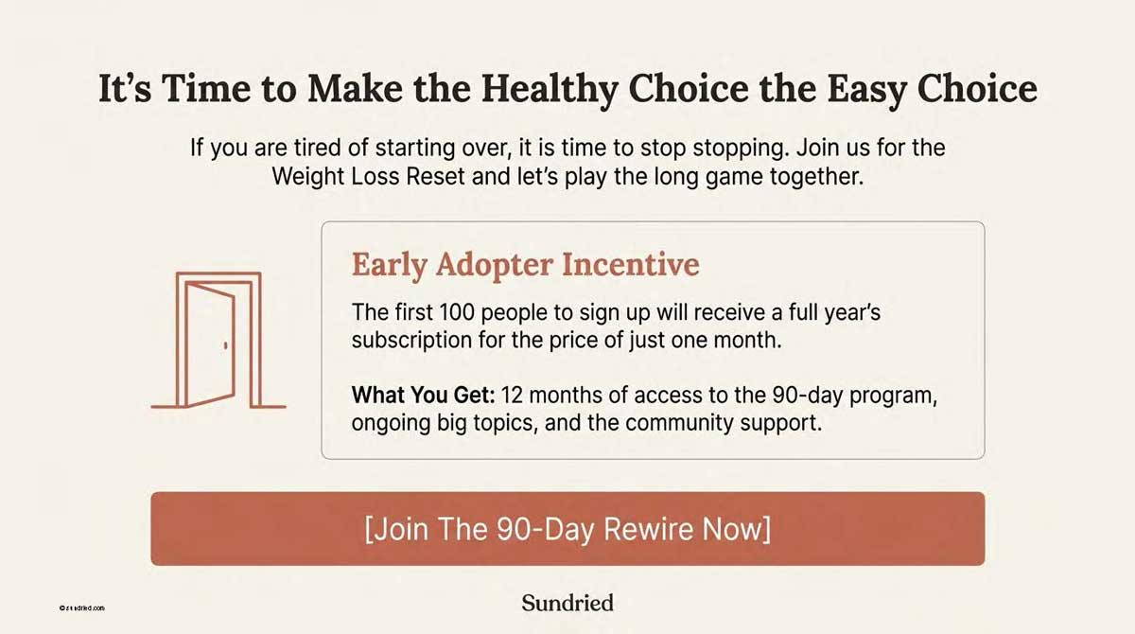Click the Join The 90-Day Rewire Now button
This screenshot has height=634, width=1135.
[567, 529]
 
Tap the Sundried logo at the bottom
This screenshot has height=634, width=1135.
[567, 603]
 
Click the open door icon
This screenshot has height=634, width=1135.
[218, 341]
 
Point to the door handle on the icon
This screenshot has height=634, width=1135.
[226, 346]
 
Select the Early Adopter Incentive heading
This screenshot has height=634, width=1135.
[525, 265]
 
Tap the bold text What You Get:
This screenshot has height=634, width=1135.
[423, 395]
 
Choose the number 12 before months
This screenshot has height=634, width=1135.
[515, 395]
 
